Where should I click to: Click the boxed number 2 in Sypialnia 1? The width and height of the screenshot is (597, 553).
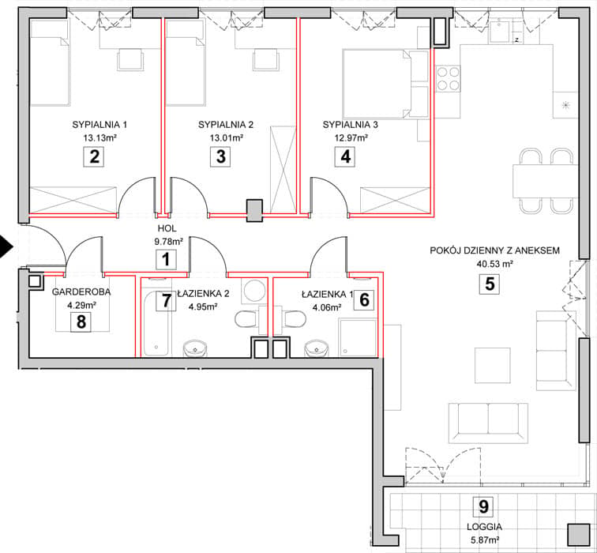tap(94, 156)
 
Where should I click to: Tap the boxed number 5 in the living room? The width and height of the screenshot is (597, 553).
tap(490, 284)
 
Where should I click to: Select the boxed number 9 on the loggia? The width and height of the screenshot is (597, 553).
tap(483, 506)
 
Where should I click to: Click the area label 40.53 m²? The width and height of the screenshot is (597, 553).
tap(494, 264)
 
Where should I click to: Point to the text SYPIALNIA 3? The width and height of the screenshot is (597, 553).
tap(351, 125)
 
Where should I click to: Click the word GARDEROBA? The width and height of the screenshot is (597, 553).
tap(81, 292)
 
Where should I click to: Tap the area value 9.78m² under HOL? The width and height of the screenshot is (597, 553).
tap(168, 241)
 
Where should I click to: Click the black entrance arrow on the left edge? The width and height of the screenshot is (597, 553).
tap(6, 246)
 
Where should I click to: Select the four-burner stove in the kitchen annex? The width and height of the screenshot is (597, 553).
tap(448, 78)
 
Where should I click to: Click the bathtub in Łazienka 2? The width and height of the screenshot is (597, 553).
tap(156, 322)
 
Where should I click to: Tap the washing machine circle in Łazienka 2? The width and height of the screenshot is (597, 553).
tap(254, 291)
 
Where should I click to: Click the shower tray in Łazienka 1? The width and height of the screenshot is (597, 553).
tap(358, 337)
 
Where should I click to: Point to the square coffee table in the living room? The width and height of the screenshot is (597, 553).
tap(492, 365)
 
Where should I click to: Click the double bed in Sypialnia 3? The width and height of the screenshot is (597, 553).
tap(385, 84)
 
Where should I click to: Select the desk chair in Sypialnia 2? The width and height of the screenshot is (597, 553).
tap(266, 60)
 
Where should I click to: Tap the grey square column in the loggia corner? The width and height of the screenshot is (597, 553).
tap(578, 535)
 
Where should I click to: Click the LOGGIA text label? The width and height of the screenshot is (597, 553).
tap(484, 527)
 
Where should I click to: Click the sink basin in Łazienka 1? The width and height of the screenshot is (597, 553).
tap(316, 348)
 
